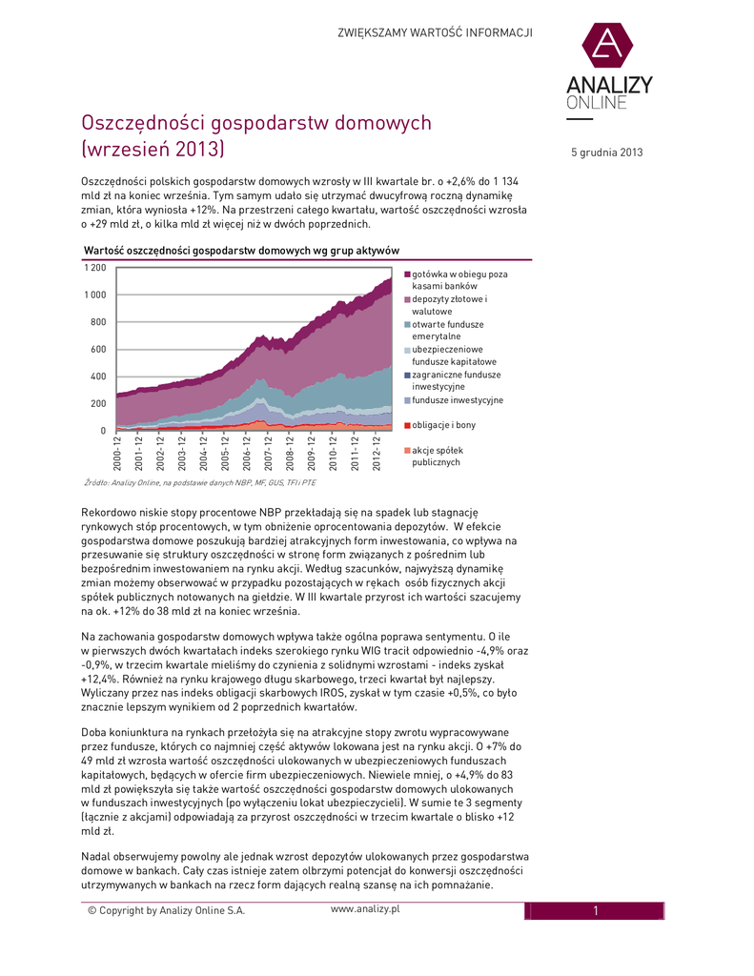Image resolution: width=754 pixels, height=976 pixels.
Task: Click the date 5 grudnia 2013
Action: tap(607, 152)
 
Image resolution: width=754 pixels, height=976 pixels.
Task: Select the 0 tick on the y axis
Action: tap(103, 431)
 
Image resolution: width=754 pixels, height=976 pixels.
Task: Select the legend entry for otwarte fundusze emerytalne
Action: tap(449, 330)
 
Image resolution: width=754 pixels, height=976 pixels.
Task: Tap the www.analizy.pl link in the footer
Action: tap(365, 908)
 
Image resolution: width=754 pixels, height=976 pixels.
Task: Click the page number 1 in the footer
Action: tap(594, 910)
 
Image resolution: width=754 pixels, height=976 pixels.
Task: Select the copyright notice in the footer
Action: tap(166, 910)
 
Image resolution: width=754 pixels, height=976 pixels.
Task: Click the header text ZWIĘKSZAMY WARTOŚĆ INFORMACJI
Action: tap(435, 33)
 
